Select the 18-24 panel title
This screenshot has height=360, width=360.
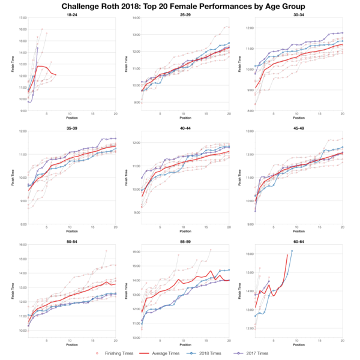[71, 13]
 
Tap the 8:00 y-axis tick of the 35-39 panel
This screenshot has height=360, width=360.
[21, 224]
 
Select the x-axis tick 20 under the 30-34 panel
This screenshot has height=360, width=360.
[342, 115]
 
